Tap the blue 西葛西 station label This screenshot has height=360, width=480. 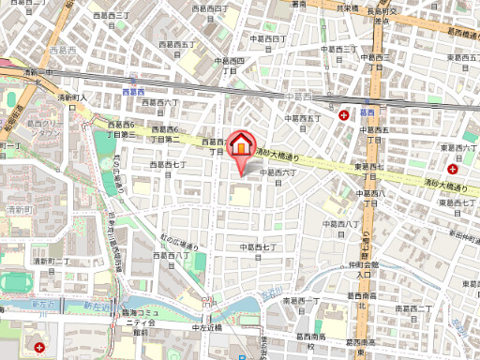(131, 92)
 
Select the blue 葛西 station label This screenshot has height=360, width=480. (367, 108)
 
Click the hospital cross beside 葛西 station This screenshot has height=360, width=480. (345, 114)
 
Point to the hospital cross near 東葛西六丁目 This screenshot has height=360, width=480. (454, 170)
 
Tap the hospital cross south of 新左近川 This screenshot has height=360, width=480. (40, 347)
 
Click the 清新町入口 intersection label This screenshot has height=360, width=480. (72, 97)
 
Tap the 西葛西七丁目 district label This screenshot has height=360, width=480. (170, 166)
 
